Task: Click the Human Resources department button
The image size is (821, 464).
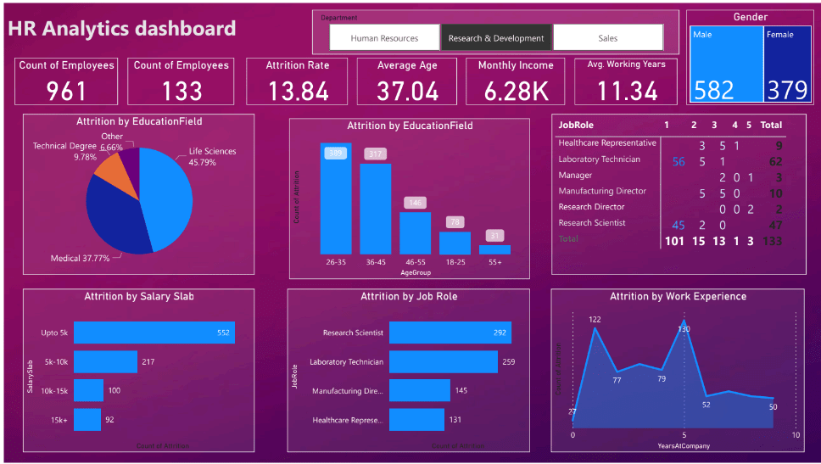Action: coord(384,38)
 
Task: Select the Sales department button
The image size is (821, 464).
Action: coord(607,38)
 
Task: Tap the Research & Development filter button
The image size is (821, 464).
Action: coord(496,38)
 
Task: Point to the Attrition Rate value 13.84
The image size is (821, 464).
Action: coord(297,90)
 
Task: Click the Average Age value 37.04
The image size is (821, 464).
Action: coord(408,90)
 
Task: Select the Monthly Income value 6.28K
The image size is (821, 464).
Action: coord(515,90)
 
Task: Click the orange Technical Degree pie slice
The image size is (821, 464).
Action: coord(109,172)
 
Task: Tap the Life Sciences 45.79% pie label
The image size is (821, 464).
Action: coord(212,157)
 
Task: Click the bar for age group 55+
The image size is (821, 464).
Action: coord(494,249)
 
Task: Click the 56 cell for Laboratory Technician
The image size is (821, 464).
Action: coord(678,160)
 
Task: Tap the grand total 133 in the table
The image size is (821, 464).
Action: coord(772,241)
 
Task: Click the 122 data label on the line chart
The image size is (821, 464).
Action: coord(595,319)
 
